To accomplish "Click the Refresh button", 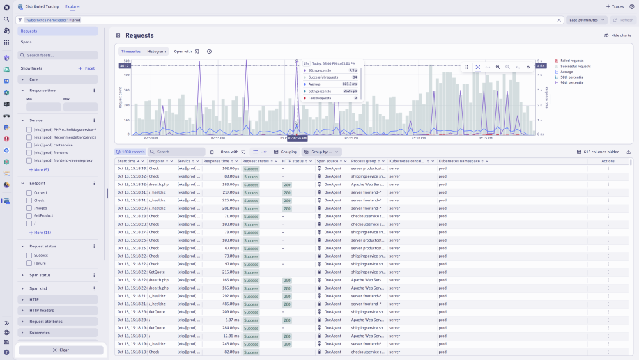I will tap(623, 20).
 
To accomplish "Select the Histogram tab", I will tap(157, 51).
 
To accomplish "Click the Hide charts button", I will tap(617, 35).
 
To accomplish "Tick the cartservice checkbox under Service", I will tap(29, 145).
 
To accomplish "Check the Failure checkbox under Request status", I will tap(29, 263).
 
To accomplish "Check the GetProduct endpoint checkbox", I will tap(29, 215).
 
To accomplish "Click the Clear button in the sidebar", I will tap(61, 350).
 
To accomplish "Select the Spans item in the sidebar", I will tap(26, 42).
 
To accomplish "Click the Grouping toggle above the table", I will tap(286, 152).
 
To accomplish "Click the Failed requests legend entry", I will tap(571, 61).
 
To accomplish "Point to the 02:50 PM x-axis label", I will tap(151, 137).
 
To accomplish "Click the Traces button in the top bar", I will tap(615, 6).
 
